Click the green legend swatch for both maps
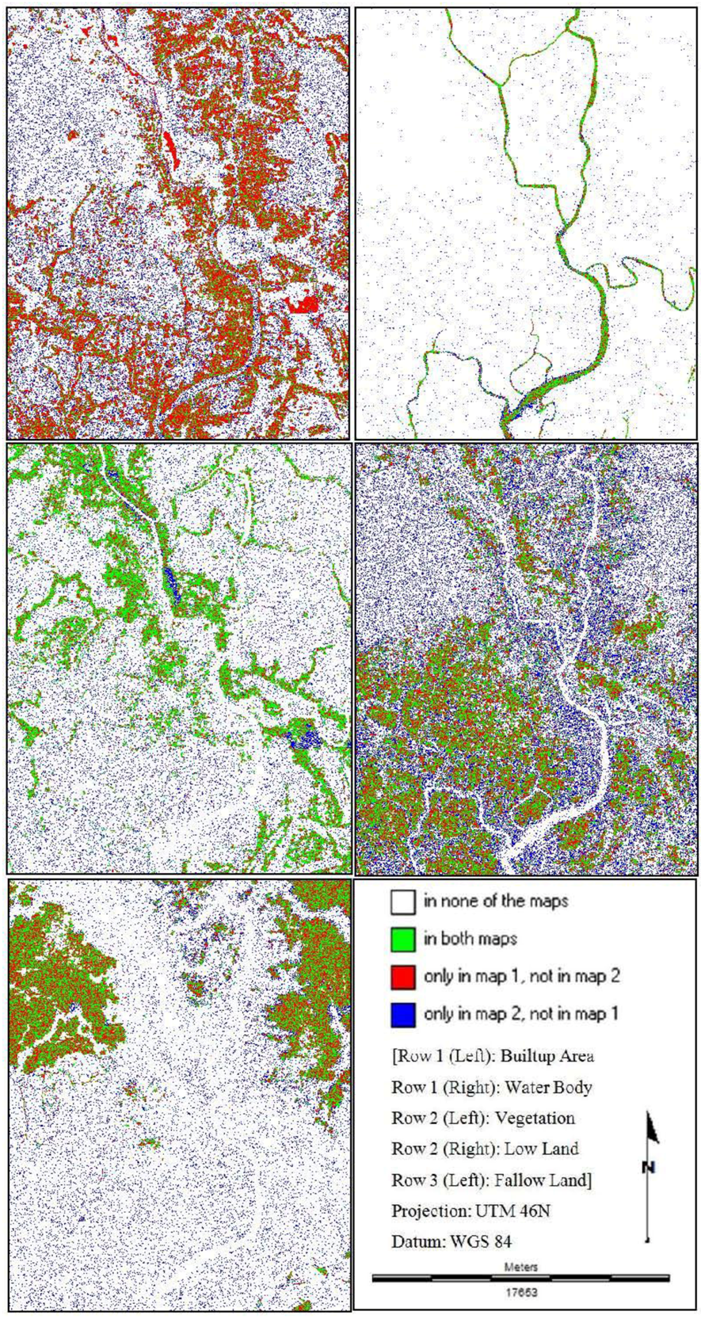[x=403, y=940]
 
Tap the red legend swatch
[x=403, y=977]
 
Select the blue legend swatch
[x=403, y=1014]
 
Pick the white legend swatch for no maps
[x=403, y=902]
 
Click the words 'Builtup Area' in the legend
[x=547, y=1056]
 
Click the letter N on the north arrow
[x=648, y=1167]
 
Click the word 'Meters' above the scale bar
[x=520, y=1267]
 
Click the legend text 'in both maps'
[x=471, y=940]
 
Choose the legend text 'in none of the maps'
[x=496, y=902]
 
